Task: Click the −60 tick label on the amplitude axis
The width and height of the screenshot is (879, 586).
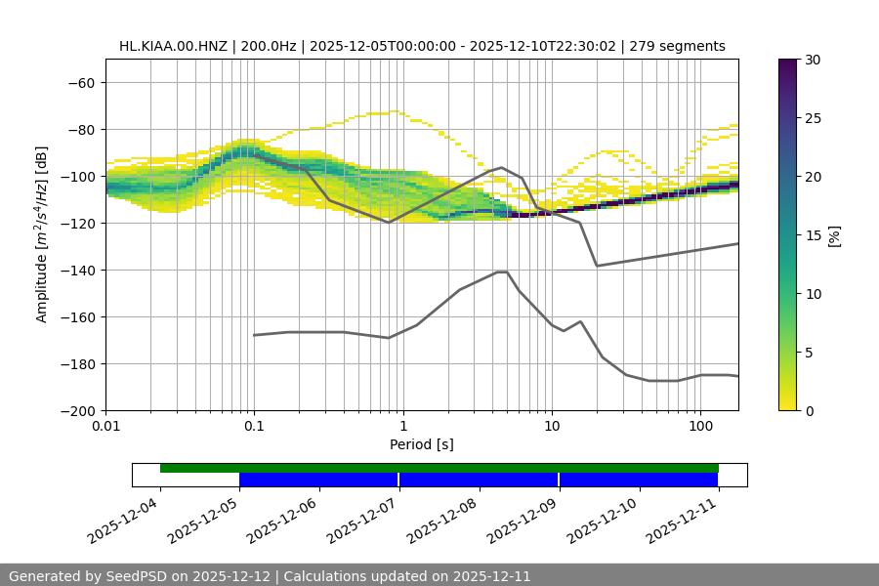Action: pyautogui.click(x=81, y=83)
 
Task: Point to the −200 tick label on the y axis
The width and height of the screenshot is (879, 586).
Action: pyautogui.click(x=77, y=411)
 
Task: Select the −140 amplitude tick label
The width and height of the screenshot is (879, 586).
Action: pyautogui.click(x=77, y=271)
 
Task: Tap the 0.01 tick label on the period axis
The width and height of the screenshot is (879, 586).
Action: pyautogui.click(x=105, y=427)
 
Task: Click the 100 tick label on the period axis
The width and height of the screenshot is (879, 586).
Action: pyautogui.click(x=700, y=427)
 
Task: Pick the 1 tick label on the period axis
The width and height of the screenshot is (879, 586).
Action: pyautogui.click(x=403, y=427)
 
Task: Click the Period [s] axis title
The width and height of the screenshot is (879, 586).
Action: pyautogui.click(x=422, y=444)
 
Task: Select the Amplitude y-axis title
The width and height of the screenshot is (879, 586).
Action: pyautogui.click(x=42, y=234)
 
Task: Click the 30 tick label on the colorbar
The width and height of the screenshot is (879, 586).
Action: pyautogui.click(x=814, y=60)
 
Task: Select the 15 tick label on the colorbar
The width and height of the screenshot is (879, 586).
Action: pyautogui.click(x=814, y=235)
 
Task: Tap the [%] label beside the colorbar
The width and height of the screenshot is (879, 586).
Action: pyautogui.click(x=834, y=235)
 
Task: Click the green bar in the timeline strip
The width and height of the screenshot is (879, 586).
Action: pyautogui.click(x=439, y=468)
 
